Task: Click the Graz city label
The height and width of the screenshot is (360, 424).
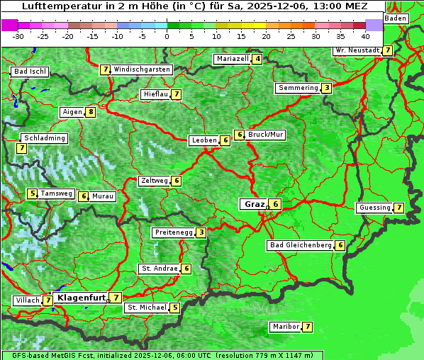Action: click(x=253, y=204)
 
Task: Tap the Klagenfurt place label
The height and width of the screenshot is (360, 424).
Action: click(x=80, y=298)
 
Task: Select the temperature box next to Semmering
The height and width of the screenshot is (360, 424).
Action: click(x=326, y=88)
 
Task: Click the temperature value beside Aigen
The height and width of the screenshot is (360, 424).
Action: click(x=91, y=112)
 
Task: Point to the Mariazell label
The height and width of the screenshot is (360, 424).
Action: click(x=233, y=59)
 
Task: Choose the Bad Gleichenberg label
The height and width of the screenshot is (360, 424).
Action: click(x=301, y=245)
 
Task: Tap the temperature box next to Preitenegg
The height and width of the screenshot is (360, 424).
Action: click(x=202, y=232)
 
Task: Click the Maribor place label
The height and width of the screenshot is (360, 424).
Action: click(x=284, y=327)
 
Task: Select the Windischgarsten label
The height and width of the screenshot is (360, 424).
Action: click(x=142, y=69)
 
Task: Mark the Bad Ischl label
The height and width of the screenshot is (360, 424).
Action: click(x=30, y=72)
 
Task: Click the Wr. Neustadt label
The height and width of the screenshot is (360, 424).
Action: click(x=357, y=50)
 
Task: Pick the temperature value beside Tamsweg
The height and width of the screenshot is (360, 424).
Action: click(x=32, y=193)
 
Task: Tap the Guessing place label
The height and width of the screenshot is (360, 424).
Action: click(x=374, y=208)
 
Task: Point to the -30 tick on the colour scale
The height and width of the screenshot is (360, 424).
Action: click(x=19, y=35)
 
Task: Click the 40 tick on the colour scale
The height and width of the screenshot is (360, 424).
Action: click(x=365, y=35)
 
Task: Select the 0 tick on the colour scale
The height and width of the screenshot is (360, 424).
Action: click(x=167, y=35)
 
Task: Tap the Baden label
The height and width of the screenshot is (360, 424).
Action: click(x=396, y=18)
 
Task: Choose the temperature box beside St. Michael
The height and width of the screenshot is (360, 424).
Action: click(x=175, y=308)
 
